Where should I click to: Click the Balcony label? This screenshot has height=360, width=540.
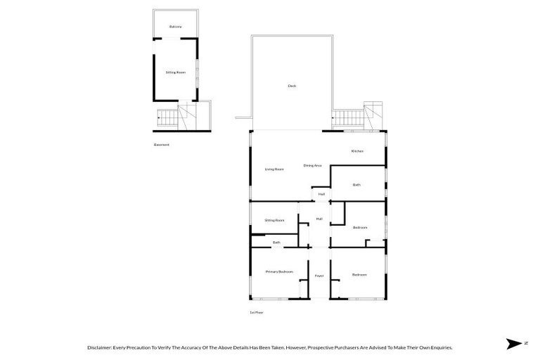click(175, 27)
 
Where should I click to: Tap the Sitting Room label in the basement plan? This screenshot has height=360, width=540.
click(175, 72)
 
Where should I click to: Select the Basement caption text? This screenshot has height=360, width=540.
click(162, 145)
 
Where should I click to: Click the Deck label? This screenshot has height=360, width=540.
click(292, 86)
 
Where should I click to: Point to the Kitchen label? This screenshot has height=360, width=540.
click(357, 151)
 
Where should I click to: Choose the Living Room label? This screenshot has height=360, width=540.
click(274, 169)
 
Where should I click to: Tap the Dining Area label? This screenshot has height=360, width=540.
click(312, 165)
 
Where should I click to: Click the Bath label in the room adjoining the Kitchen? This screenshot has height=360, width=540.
click(356, 185)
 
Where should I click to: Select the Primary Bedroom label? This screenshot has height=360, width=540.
click(278, 271)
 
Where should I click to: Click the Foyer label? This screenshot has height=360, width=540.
click(319, 276)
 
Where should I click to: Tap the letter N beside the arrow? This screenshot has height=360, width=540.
click(525, 343)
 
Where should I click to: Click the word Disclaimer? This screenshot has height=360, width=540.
click(99, 347)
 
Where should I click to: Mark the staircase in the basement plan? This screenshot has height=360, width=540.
click(169, 120)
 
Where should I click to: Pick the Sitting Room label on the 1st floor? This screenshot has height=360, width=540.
click(274, 220)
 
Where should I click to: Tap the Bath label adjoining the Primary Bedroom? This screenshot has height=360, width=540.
click(276, 243)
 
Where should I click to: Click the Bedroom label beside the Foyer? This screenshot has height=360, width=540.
click(359, 274)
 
